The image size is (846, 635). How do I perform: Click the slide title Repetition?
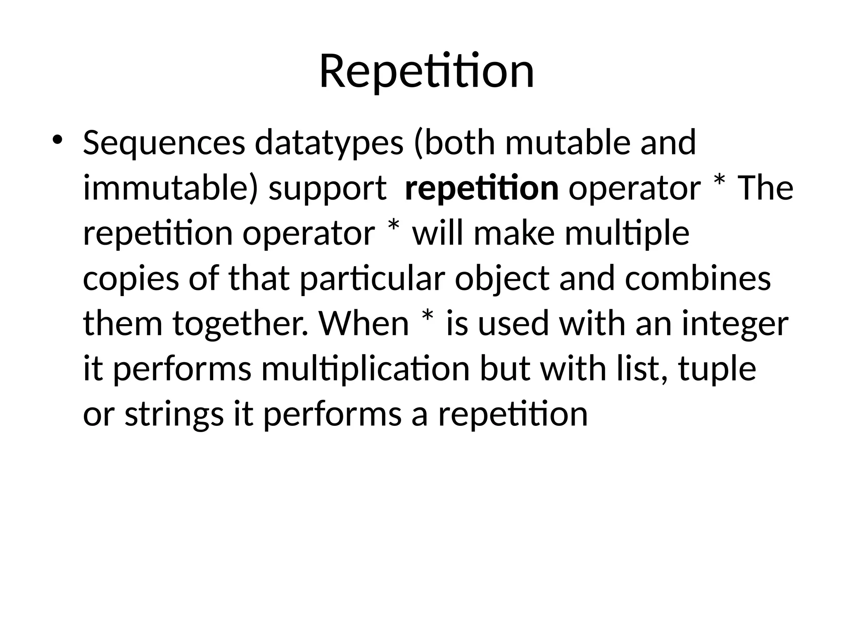point(427,71)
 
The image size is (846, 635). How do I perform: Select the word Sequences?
point(164,143)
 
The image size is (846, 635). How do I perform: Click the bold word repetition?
point(482,189)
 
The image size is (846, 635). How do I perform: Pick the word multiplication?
point(366,370)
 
